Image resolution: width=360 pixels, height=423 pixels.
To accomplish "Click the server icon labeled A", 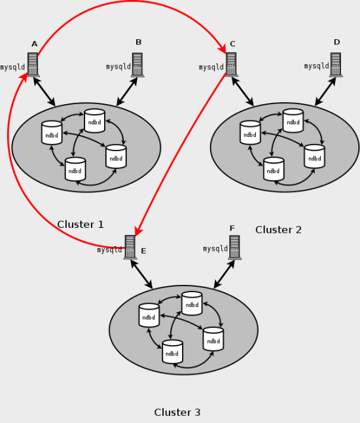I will pyautogui.click(x=33, y=65).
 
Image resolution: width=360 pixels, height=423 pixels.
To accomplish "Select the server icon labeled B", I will pyautogui.click(x=137, y=65).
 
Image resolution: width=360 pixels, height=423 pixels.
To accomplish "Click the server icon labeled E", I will pyautogui.click(x=130, y=247).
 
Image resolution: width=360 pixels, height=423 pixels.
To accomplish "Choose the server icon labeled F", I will pyautogui.click(x=234, y=247).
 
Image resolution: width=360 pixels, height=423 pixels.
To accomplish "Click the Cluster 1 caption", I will pyautogui.click(x=81, y=225).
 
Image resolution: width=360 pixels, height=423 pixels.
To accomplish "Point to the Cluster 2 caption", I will pyautogui.click(x=278, y=230).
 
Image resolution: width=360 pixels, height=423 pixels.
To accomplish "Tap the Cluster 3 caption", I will pyautogui.click(x=177, y=413).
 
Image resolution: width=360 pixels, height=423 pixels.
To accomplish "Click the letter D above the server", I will pyautogui.click(x=336, y=43).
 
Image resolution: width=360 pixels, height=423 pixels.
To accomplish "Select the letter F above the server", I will pyautogui.click(x=232, y=229).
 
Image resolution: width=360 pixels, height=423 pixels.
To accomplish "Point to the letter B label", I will pyautogui.click(x=138, y=43).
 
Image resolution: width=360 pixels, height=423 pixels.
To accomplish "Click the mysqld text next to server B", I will pyautogui.click(x=118, y=67).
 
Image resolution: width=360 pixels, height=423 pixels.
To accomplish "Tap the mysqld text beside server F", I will pyautogui.click(x=215, y=249).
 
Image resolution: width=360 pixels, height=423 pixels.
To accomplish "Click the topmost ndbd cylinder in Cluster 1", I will pyautogui.click(x=94, y=120).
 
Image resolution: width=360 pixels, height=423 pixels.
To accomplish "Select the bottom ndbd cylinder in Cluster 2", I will pyautogui.click(x=274, y=169).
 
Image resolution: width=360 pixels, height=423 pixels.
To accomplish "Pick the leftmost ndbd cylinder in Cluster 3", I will pyautogui.click(x=149, y=315).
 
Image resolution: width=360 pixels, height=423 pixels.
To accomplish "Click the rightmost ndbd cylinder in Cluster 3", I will pyautogui.click(x=213, y=339).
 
